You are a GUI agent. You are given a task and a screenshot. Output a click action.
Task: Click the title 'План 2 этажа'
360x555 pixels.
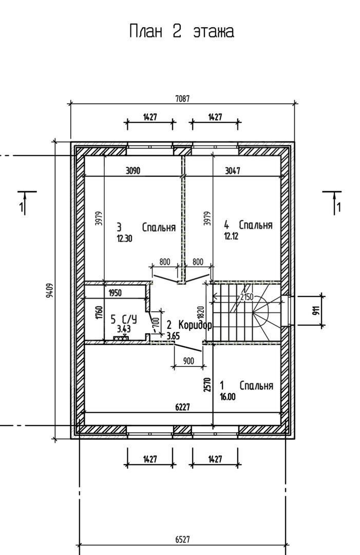[x=181, y=31]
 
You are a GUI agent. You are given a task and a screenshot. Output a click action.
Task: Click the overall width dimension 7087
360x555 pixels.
[x=182, y=98]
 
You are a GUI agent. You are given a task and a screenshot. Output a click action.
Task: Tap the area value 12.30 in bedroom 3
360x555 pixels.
[x=124, y=238]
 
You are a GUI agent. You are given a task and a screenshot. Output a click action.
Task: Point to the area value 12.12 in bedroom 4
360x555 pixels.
[x=231, y=236]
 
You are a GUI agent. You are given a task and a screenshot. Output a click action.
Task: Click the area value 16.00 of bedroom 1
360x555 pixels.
[x=228, y=397]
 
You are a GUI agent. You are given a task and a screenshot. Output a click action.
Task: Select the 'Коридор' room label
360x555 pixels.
[x=195, y=325]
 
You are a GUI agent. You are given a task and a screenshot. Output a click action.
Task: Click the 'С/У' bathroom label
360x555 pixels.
[x=129, y=319]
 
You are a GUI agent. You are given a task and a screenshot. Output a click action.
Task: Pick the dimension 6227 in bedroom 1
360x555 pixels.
[x=182, y=408]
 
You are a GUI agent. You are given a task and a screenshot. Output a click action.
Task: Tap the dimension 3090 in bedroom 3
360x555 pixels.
[x=133, y=171]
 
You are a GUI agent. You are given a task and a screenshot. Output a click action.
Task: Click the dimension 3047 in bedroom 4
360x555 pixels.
[x=233, y=171]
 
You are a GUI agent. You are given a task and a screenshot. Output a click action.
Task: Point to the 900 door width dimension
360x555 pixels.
[x=189, y=361]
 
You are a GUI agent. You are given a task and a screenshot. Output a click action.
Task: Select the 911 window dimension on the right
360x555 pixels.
[x=316, y=310]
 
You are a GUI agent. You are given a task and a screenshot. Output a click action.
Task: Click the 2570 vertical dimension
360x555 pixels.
[x=207, y=385]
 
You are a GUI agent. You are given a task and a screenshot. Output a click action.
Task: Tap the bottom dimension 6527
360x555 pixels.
[x=182, y=540]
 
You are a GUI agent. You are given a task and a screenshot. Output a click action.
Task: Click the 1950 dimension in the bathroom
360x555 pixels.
[x=115, y=293]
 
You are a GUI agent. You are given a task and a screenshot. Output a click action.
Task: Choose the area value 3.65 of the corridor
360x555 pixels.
[x=173, y=336]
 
